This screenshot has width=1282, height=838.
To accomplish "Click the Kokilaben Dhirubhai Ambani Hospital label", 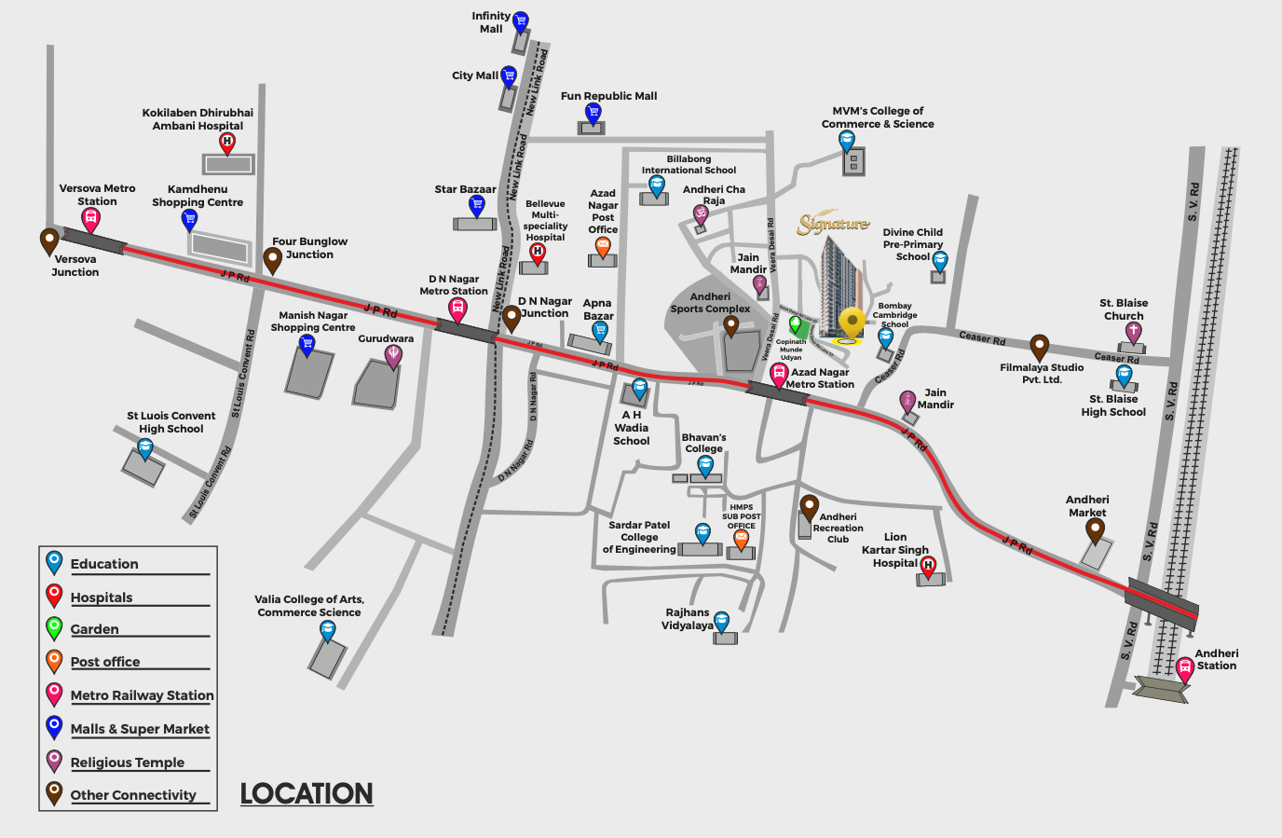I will [198, 119].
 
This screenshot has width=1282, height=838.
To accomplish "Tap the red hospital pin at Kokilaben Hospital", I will [227, 143].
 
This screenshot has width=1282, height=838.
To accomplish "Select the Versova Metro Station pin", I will [90, 220].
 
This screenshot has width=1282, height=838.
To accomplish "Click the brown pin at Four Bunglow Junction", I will [272, 259].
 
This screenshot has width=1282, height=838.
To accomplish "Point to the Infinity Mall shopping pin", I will [521, 21].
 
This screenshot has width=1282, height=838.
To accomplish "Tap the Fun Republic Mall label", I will [608, 96].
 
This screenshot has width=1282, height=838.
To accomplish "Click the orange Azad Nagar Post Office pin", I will [603, 247].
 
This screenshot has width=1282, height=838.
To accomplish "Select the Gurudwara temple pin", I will [393, 355].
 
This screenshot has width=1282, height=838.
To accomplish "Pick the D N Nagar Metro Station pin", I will [457, 309].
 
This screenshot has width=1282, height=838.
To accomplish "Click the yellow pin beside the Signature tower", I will [851, 323].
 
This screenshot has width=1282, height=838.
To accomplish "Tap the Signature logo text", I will [833, 224].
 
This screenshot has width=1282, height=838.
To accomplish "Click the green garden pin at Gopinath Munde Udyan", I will [795, 324].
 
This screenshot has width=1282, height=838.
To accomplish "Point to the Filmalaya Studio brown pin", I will [1039, 348].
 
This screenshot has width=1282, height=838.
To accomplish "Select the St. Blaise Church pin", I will [1133, 332].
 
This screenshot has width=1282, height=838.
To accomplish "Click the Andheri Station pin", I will [1184, 667].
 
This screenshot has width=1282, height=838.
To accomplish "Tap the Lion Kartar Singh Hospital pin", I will [928, 566].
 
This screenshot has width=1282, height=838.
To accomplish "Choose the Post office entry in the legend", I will [105, 662].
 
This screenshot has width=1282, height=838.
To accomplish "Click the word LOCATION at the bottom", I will [307, 793].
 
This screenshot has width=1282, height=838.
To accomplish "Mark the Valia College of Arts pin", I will [327, 631].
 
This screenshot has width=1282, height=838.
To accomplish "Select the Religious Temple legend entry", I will [128, 762].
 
